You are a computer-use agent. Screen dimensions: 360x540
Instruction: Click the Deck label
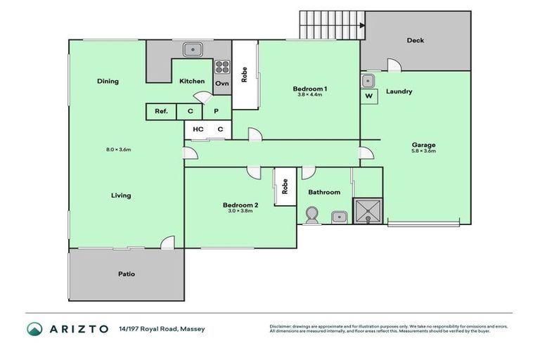coord(416,40)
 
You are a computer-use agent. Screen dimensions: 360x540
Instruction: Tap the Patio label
coord(126,274)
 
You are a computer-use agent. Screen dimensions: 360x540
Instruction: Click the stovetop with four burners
coord(222,67)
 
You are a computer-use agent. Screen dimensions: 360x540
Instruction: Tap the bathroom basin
coord(338,216)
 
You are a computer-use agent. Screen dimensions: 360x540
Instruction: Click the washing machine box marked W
coord(368,96)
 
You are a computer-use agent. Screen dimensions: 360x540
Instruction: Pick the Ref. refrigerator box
coord(161,111)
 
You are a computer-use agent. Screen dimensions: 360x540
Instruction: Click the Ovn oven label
coord(222,83)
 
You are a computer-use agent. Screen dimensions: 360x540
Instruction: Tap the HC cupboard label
coord(198,129)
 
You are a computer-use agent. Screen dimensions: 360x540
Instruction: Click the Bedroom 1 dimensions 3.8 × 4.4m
coord(309,95)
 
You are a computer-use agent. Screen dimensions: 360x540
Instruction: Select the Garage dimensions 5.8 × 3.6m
coord(423,150)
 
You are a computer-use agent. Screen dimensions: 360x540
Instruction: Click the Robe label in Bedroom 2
coord(284,186)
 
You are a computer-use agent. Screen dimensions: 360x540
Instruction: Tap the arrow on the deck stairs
coord(361,27)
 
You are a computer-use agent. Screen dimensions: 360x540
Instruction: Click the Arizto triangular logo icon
coord(34,329)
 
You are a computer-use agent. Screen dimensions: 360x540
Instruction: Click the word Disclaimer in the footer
coord(281,326)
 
